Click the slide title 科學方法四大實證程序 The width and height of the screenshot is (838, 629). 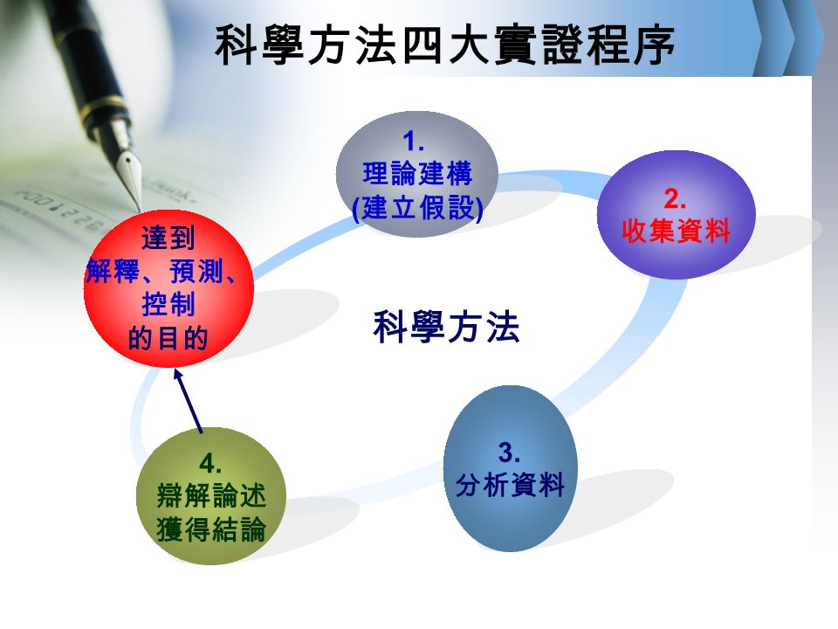(x=444, y=45)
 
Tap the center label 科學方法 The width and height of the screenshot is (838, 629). (x=446, y=327)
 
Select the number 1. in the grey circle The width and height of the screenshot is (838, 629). (x=413, y=142)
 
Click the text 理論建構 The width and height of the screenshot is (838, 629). (x=417, y=174)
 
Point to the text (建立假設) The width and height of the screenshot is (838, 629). (x=418, y=208)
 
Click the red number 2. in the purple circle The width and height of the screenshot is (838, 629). (x=675, y=199)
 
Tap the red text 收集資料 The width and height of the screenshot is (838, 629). (x=676, y=231)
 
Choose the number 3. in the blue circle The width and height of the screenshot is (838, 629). (x=509, y=453)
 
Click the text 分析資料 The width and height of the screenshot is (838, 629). (x=510, y=485)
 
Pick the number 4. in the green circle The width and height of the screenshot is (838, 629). (x=210, y=463)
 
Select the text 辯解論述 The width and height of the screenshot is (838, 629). (x=211, y=495)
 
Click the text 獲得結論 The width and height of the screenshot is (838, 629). (x=211, y=529)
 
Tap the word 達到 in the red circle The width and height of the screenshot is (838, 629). (x=168, y=238)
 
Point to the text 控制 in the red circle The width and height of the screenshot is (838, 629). (x=168, y=304)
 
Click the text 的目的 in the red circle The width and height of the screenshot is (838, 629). (x=168, y=338)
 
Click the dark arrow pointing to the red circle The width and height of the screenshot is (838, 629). (x=189, y=401)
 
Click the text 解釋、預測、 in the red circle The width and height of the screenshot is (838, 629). (x=161, y=271)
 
